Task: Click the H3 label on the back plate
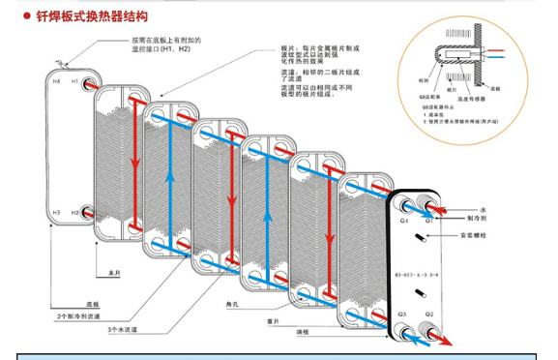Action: coord(56,211)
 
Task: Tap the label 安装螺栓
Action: coord(474,231)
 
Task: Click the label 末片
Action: coord(114,273)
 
